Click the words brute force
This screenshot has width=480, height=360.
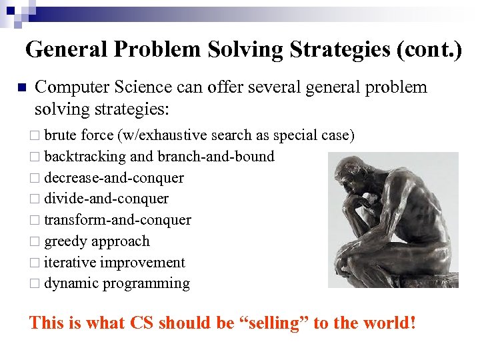click(x=79, y=135)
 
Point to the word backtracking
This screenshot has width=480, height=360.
click(x=85, y=157)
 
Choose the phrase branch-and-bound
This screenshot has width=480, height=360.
click(x=216, y=157)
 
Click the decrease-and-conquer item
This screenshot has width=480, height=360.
click(x=114, y=178)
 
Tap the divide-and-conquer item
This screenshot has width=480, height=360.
click(x=106, y=199)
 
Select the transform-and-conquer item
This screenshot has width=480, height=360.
click(x=117, y=220)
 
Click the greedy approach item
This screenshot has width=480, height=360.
click(x=97, y=241)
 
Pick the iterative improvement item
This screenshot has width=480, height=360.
click(x=115, y=263)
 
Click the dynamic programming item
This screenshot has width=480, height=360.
click(x=117, y=284)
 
